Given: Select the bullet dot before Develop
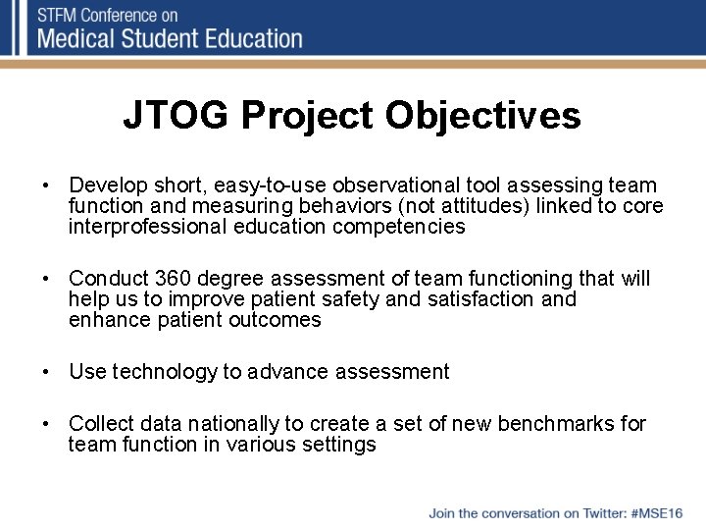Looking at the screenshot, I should (46, 185).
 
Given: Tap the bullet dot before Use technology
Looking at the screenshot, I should (46, 372).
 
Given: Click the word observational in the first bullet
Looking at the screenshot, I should (397, 185).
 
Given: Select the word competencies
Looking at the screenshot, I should (399, 227).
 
